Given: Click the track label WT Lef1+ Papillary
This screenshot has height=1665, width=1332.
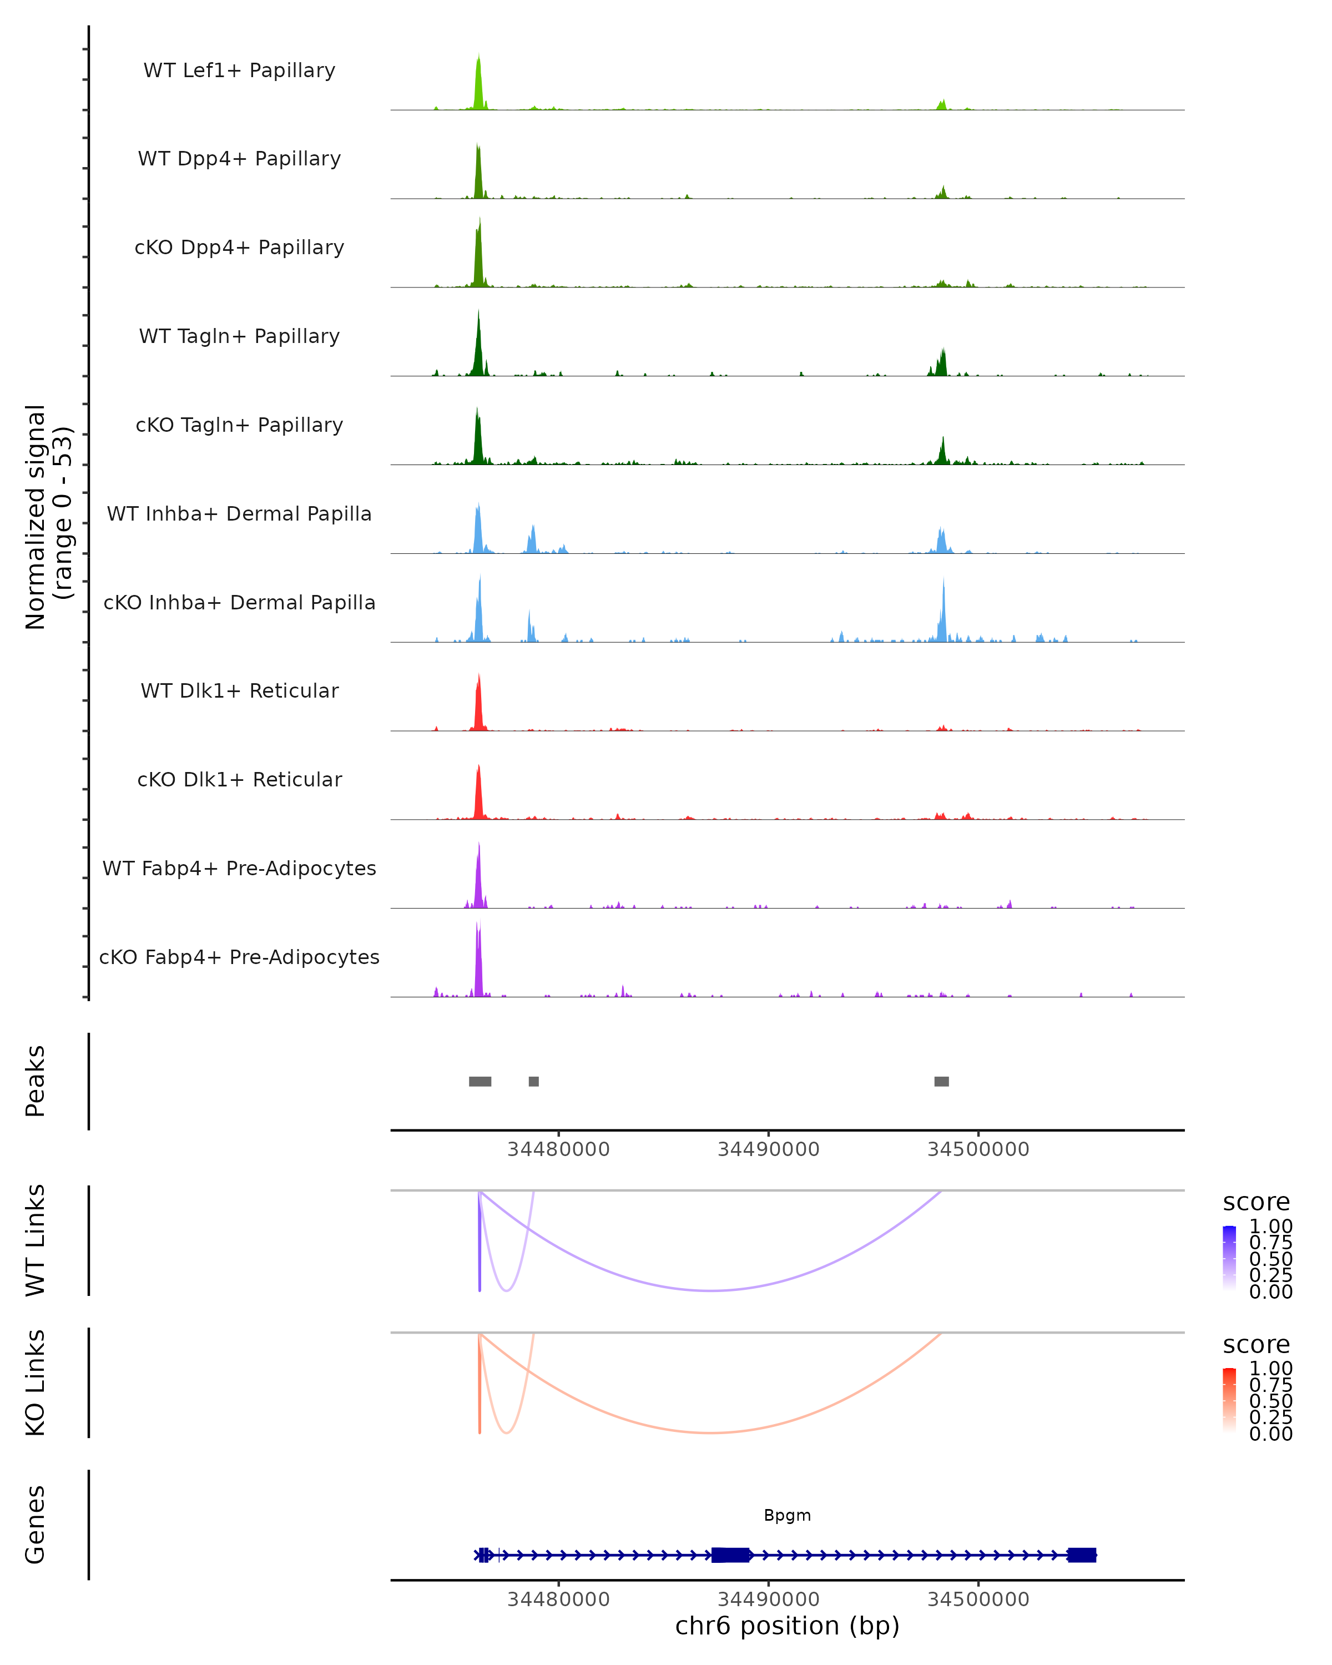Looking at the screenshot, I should (239, 70).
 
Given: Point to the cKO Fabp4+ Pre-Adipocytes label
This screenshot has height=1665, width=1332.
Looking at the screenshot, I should (239, 957).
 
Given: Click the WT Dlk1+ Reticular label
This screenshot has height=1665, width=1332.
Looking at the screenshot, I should (239, 690).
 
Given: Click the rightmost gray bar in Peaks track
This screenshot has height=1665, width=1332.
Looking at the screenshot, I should (941, 1081).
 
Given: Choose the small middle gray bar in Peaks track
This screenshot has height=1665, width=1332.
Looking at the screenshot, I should (533, 1081).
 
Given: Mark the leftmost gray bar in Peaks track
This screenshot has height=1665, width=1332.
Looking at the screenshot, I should (480, 1081).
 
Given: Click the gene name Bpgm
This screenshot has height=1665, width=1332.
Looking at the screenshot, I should (787, 1515).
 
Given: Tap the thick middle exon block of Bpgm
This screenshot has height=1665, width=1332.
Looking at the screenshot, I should (730, 1555).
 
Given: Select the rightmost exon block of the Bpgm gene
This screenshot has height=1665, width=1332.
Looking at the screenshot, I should (1081, 1555).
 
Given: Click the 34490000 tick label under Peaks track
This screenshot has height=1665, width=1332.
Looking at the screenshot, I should (768, 1149).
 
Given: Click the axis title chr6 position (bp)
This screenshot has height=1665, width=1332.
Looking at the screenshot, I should (787, 1626).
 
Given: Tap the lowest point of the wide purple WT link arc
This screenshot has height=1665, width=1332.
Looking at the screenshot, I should (711, 1290).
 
